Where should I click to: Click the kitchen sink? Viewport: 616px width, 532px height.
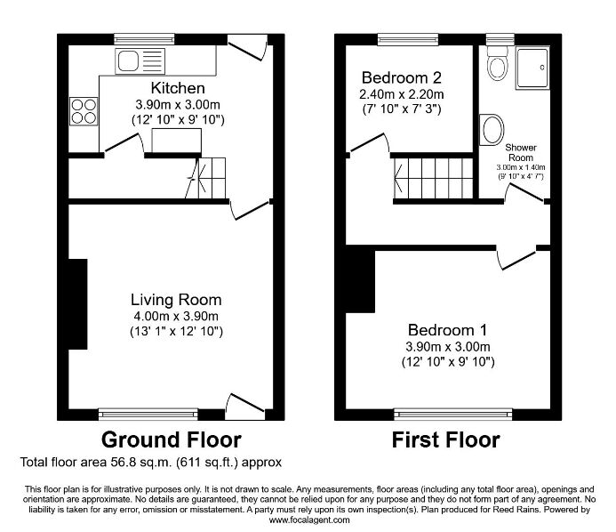[140, 61]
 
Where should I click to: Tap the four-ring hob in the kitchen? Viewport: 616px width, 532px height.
[84, 111]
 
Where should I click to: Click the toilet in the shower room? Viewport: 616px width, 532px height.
[497, 63]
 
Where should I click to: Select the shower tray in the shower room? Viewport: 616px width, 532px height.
[532, 68]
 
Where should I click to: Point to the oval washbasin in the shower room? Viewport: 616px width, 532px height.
[492, 130]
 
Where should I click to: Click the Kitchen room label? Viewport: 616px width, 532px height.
[178, 88]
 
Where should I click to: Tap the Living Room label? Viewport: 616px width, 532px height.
[176, 300]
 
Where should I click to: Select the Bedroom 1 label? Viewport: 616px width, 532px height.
[447, 330]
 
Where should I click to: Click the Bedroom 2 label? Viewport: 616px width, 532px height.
[402, 77]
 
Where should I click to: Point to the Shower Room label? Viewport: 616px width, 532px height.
[521, 152]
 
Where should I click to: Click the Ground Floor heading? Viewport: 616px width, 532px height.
[172, 439]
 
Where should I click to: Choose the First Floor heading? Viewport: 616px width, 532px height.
[446, 439]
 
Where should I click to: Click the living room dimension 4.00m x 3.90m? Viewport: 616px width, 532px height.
[176, 316]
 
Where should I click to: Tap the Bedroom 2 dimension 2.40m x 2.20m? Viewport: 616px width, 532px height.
[402, 94]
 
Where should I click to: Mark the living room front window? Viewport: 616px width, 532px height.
[148, 414]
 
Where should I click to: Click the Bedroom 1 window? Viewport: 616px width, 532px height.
[453, 414]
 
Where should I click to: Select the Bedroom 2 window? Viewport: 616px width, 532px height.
[408, 39]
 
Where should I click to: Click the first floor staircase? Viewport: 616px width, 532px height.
[433, 179]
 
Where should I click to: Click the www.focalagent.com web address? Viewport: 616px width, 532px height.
[309, 520]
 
